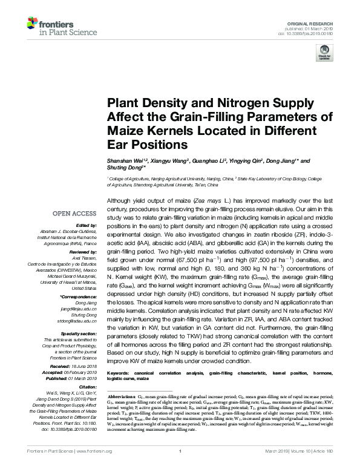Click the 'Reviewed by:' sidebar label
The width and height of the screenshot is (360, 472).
point(83,250)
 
